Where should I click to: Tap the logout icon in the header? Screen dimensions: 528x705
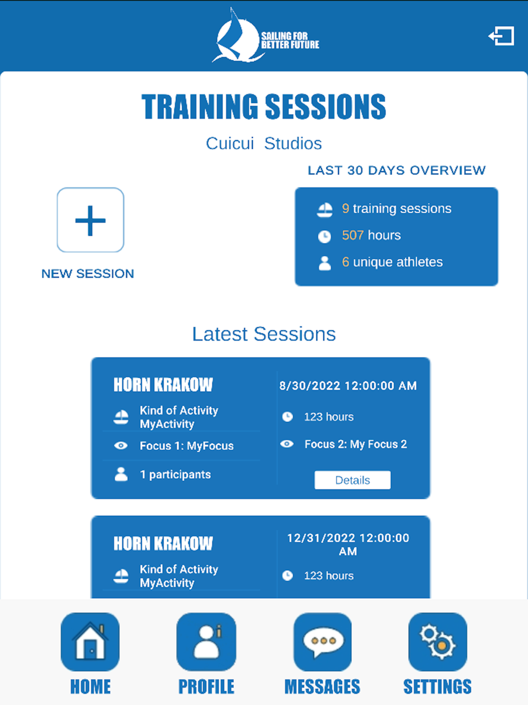501,36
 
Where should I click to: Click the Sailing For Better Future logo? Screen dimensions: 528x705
266,35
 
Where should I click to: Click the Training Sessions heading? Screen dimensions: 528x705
263,107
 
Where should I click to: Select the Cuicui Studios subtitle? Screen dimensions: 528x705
263,143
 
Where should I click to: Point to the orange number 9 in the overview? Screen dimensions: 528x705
345,208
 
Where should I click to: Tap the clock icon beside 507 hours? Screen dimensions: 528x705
324,237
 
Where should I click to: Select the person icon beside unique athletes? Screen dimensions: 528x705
325,263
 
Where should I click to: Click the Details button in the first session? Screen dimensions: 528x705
353,480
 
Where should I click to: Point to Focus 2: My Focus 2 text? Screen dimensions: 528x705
356,444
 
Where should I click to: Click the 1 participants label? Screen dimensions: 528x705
175,475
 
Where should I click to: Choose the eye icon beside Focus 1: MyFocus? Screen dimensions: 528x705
121,446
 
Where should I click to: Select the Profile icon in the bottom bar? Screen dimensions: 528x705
206,642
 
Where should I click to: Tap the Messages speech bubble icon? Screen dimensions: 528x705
323,642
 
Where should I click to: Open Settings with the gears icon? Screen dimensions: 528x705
438,642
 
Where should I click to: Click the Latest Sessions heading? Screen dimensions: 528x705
263,334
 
